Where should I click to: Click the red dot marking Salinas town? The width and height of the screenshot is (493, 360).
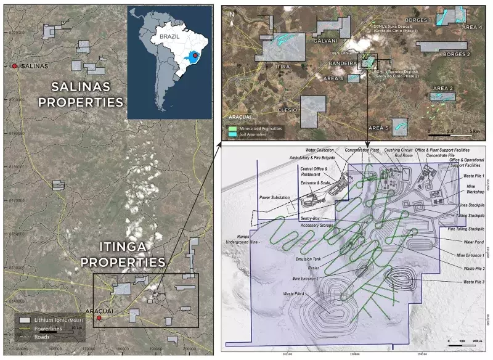[14, 65]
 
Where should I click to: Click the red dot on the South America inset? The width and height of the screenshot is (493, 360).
[195, 56]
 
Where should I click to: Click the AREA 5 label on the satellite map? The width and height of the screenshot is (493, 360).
[378, 128]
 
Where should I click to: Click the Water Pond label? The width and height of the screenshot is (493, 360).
[468, 242]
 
